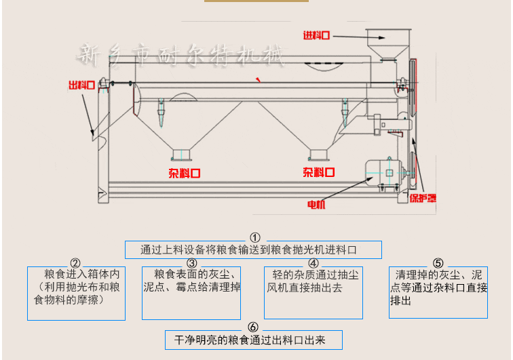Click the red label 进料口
318,35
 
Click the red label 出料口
81,85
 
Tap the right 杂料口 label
319,172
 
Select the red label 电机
316,204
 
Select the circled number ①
255,237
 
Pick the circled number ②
75,262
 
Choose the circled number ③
192,262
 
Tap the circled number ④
313,262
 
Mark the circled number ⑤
438,262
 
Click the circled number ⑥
253,327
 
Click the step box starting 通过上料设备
253,249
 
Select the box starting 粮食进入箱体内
76,293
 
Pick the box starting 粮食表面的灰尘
191,293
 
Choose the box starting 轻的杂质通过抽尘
312,293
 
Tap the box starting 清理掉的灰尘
438,292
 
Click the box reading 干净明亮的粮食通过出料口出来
253,340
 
